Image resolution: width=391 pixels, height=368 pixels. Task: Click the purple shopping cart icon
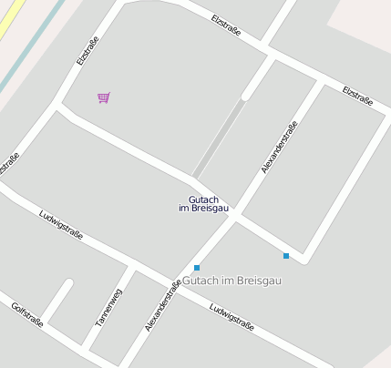tap(104, 97)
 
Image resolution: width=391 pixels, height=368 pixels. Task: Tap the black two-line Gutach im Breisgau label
tap(204, 204)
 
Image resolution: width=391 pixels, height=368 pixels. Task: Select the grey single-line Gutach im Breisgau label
tap(232, 281)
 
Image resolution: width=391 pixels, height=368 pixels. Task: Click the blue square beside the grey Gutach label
tap(196, 268)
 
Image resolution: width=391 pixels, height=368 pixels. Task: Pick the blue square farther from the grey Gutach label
tap(286, 256)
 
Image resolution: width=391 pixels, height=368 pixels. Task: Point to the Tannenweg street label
tap(108, 308)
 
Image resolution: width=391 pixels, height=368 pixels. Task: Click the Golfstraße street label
tap(27, 314)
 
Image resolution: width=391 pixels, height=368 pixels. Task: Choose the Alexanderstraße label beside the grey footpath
tap(279, 146)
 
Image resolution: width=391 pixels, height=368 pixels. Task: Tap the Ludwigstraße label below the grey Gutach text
tap(231, 316)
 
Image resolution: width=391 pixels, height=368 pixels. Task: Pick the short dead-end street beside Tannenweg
tap(57, 301)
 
